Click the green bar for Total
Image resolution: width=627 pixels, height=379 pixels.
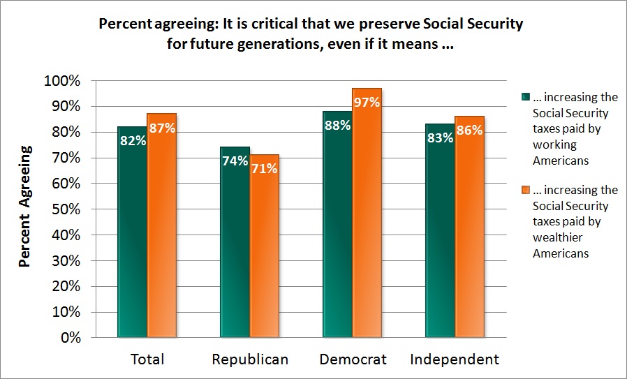click(x=133, y=232)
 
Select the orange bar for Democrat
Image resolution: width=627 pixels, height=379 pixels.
click(x=367, y=213)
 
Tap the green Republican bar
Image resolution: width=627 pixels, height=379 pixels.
click(x=235, y=242)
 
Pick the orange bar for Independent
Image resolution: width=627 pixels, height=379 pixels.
click(x=469, y=227)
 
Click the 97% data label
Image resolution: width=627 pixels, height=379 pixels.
click(x=367, y=103)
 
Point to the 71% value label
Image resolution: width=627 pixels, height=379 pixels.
click(x=265, y=168)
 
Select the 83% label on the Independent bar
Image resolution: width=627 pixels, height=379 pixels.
click(x=441, y=138)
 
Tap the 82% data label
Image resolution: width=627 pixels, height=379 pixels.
click(x=133, y=141)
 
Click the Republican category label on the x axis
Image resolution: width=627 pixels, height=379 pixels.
click(x=250, y=359)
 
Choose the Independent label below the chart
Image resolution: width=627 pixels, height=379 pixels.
click(x=455, y=359)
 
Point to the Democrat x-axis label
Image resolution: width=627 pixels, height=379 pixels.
click(x=353, y=359)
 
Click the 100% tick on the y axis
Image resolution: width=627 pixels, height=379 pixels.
click(x=62, y=81)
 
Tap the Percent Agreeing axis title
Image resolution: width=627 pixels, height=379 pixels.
click(x=25, y=206)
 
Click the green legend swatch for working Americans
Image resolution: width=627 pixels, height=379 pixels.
click(x=525, y=97)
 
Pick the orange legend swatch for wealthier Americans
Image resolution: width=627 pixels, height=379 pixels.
click(x=525, y=190)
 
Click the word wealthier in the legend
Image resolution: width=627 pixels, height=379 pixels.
click(x=557, y=237)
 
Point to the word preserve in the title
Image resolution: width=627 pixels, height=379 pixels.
click(x=390, y=24)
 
